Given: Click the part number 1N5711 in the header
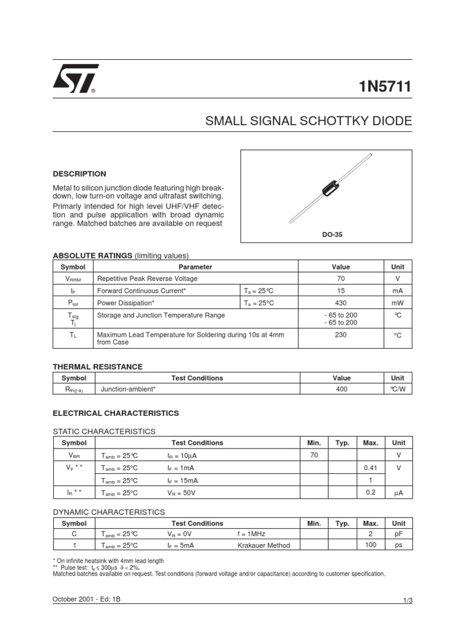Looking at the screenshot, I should coord(386,86).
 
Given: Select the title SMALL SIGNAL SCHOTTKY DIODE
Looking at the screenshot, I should coord(309,121).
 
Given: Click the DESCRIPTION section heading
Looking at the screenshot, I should coord(79,173).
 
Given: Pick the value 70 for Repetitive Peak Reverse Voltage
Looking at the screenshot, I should coord(341,279).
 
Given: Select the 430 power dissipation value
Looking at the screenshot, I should coord(341,303).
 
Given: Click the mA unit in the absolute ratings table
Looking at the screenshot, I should coord(397,291).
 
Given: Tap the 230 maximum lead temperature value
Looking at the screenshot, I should coord(341,334).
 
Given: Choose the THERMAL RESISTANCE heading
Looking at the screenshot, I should coord(97,366).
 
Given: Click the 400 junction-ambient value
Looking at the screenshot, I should coord(341,390).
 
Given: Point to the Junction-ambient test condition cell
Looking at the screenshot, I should coord(128,390).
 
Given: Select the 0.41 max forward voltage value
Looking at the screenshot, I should coord(370,468).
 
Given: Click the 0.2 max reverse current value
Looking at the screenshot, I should coord(371,493).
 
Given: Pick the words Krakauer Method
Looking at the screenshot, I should coord(264,545).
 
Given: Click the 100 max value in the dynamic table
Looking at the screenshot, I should coord(371,545).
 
